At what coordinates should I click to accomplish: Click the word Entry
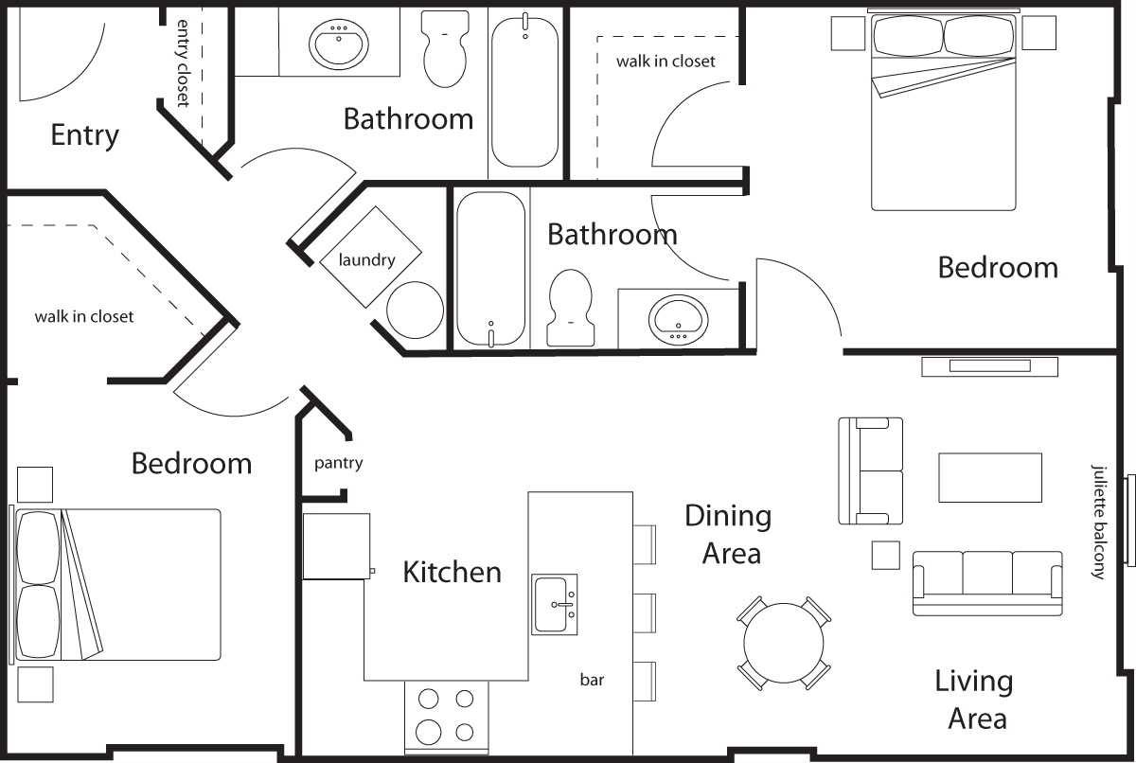85,135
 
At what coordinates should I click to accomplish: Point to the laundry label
367,259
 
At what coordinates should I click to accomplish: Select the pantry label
338,463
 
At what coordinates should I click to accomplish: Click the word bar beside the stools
592,679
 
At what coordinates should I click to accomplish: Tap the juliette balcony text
1098,521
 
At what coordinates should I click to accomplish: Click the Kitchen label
452,572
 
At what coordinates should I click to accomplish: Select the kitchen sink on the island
554,604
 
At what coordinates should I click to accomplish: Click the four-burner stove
446,716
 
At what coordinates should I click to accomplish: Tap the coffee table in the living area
989,477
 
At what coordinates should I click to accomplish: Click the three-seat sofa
986,582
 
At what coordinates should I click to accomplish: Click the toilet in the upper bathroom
445,49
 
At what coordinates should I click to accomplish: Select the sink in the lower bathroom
678,318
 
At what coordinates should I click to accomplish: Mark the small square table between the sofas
885,555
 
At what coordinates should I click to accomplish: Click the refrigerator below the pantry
336,545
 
